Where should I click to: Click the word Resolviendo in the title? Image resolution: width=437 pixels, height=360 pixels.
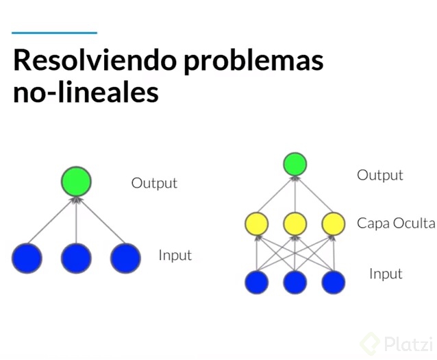(x=95, y=60)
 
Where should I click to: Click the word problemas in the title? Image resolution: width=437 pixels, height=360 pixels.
(x=253, y=62)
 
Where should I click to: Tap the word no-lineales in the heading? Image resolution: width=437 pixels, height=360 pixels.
(x=86, y=91)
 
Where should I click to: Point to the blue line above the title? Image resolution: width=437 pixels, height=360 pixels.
(x=54, y=33)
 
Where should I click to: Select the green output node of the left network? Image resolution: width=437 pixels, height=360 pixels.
(x=76, y=182)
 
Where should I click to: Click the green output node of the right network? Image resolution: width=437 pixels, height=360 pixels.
(x=295, y=164)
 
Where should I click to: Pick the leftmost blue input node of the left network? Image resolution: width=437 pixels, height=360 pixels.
(x=27, y=258)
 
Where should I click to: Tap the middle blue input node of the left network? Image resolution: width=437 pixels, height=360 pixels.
(x=76, y=258)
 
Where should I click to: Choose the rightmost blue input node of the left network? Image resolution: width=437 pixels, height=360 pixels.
(x=126, y=258)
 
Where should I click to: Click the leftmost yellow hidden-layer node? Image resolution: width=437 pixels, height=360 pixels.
(x=257, y=224)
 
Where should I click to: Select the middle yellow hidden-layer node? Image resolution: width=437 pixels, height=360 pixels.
(x=295, y=224)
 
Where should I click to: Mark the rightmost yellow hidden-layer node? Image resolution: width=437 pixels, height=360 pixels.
(x=334, y=224)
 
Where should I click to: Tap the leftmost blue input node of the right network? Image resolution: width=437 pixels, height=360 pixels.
(x=257, y=283)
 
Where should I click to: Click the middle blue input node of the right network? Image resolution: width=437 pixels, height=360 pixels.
(x=295, y=283)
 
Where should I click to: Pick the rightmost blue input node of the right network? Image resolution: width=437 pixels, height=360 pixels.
(x=334, y=283)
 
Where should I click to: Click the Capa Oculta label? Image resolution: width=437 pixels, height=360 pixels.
(x=396, y=224)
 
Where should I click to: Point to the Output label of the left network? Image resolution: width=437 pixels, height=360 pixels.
(x=154, y=184)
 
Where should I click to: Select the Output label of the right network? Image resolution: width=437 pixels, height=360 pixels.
(x=380, y=176)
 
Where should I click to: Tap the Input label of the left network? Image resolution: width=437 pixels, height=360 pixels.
(x=175, y=255)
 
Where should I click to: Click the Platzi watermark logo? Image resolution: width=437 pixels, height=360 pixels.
(x=397, y=344)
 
